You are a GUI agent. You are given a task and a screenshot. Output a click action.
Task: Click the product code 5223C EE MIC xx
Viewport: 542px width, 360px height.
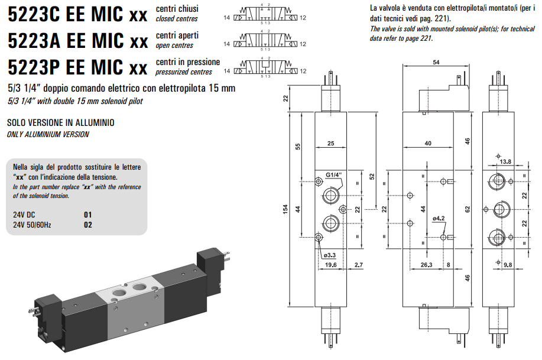coord(77,15)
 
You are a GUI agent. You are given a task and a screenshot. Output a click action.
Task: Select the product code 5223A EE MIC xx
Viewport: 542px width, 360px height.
coord(77,41)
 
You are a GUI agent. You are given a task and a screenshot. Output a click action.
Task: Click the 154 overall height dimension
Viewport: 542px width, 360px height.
coord(285,209)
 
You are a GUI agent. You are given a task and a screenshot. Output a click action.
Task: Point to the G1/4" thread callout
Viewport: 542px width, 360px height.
coord(335,174)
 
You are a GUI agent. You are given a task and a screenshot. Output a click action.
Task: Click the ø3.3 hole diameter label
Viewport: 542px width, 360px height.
coord(330,255)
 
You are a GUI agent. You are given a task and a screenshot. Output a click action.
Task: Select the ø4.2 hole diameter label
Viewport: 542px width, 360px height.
coord(438,219)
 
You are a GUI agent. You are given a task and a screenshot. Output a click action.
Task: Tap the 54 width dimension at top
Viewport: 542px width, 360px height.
coord(436,62)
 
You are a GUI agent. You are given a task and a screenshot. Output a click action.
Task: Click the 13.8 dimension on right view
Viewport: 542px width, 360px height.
coord(505,161)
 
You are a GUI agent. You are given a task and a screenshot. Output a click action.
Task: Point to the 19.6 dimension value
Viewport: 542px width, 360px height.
coord(330,265)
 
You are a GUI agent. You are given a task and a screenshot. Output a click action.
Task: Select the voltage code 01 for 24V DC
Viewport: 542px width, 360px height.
coord(88,215)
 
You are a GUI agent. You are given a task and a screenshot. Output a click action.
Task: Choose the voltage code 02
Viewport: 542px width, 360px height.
coord(88,225)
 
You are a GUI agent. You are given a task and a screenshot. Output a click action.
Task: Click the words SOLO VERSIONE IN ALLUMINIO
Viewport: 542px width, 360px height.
coord(60,123)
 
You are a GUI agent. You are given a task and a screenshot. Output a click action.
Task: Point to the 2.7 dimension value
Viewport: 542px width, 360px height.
coord(359,265)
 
